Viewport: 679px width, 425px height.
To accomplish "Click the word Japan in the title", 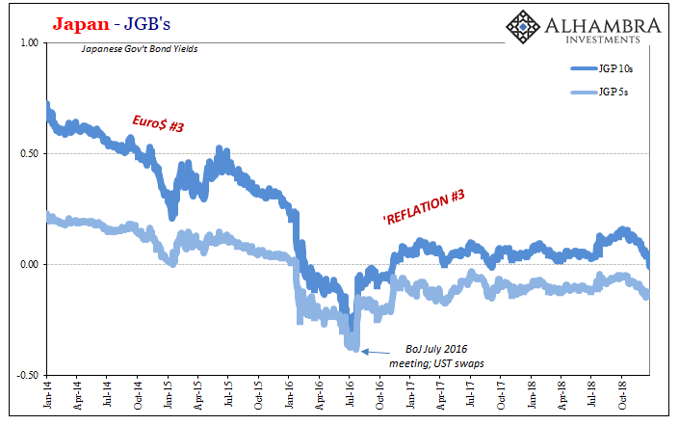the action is pyautogui.click(x=81, y=24).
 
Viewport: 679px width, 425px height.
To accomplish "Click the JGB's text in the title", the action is pyautogui.click(x=147, y=24).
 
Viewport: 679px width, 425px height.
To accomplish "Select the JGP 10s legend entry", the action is pyautogui.click(x=602, y=68).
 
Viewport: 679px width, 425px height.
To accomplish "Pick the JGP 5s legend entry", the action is pyautogui.click(x=600, y=92).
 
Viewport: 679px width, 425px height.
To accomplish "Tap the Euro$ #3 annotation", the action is pyautogui.click(x=158, y=123).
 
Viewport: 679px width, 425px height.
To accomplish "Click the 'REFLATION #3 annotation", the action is pyautogui.click(x=424, y=207).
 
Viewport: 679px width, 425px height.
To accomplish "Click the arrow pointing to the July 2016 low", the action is pyautogui.click(x=375, y=352).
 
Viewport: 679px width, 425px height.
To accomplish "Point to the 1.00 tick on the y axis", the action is pyautogui.click(x=30, y=43).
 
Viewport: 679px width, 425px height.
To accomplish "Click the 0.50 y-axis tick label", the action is pyautogui.click(x=30, y=154).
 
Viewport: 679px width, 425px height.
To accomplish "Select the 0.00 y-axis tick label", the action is pyautogui.click(x=30, y=264).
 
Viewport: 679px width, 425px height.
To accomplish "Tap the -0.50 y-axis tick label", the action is pyautogui.click(x=28, y=375).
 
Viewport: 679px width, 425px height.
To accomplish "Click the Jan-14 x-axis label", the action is pyautogui.click(x=47, y=395).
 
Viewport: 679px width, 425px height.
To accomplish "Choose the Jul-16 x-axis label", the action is pyautogui.click(x=350, y=394).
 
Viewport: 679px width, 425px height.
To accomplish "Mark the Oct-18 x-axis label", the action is pyautogui.click(x=622, y=395).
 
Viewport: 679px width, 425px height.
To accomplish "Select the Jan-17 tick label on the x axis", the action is pyautogui.click(x=410, y=395).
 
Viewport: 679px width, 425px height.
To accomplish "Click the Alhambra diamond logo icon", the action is pyautogui.click(x=523, y=27).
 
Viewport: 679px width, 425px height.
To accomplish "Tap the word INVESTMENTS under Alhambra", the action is pyautogui.click(x=603, y=40).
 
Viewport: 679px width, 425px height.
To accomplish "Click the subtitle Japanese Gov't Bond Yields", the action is pyautogui.click(x=140, y=49).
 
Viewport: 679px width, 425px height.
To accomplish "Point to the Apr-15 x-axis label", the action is pyautogui.click(x=198, y=395).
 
